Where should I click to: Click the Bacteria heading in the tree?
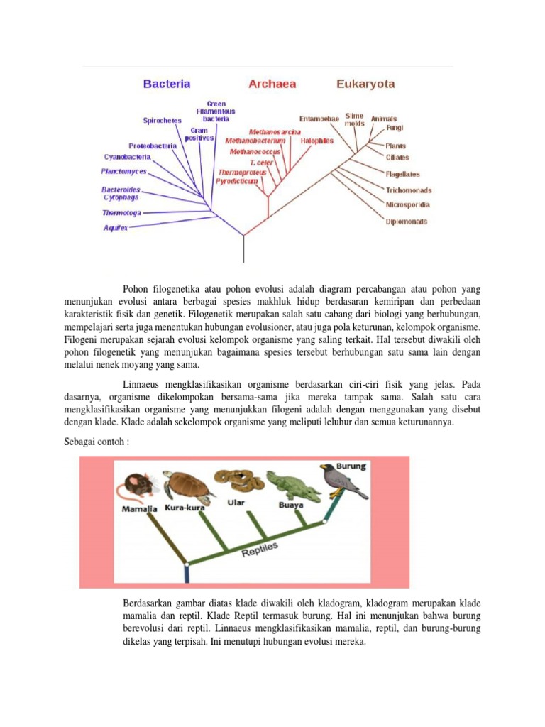[167, 84]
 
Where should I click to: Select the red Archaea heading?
[272, 84]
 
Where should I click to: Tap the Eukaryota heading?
[365, 84]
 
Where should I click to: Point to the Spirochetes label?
[162, 121]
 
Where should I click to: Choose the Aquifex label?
[116, 228]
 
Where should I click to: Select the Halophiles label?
[316, 141]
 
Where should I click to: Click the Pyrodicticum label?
[237, 181]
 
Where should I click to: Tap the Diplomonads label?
[407, 222]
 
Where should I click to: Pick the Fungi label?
[395, 129]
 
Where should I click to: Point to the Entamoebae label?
[319, 119]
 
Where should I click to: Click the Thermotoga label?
[121, 213]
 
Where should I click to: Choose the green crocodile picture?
[291, 484]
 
